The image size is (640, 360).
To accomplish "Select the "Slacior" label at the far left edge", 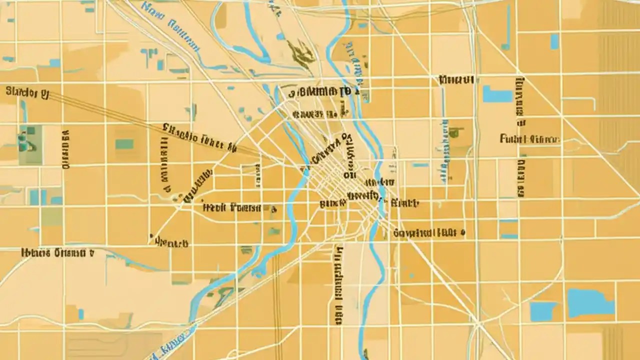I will pos(27,92).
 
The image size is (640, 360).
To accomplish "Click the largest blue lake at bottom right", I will pos(590,302).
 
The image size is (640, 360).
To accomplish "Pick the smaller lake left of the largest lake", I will pos(543,311).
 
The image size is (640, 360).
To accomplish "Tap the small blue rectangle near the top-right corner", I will pos(554,41).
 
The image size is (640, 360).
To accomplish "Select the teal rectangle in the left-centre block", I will pos(124,144).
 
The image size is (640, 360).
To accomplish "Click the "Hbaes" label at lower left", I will pos(57,252).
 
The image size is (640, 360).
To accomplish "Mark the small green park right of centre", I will pos(455,132).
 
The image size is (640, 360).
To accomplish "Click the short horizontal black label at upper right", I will pos(456,79).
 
